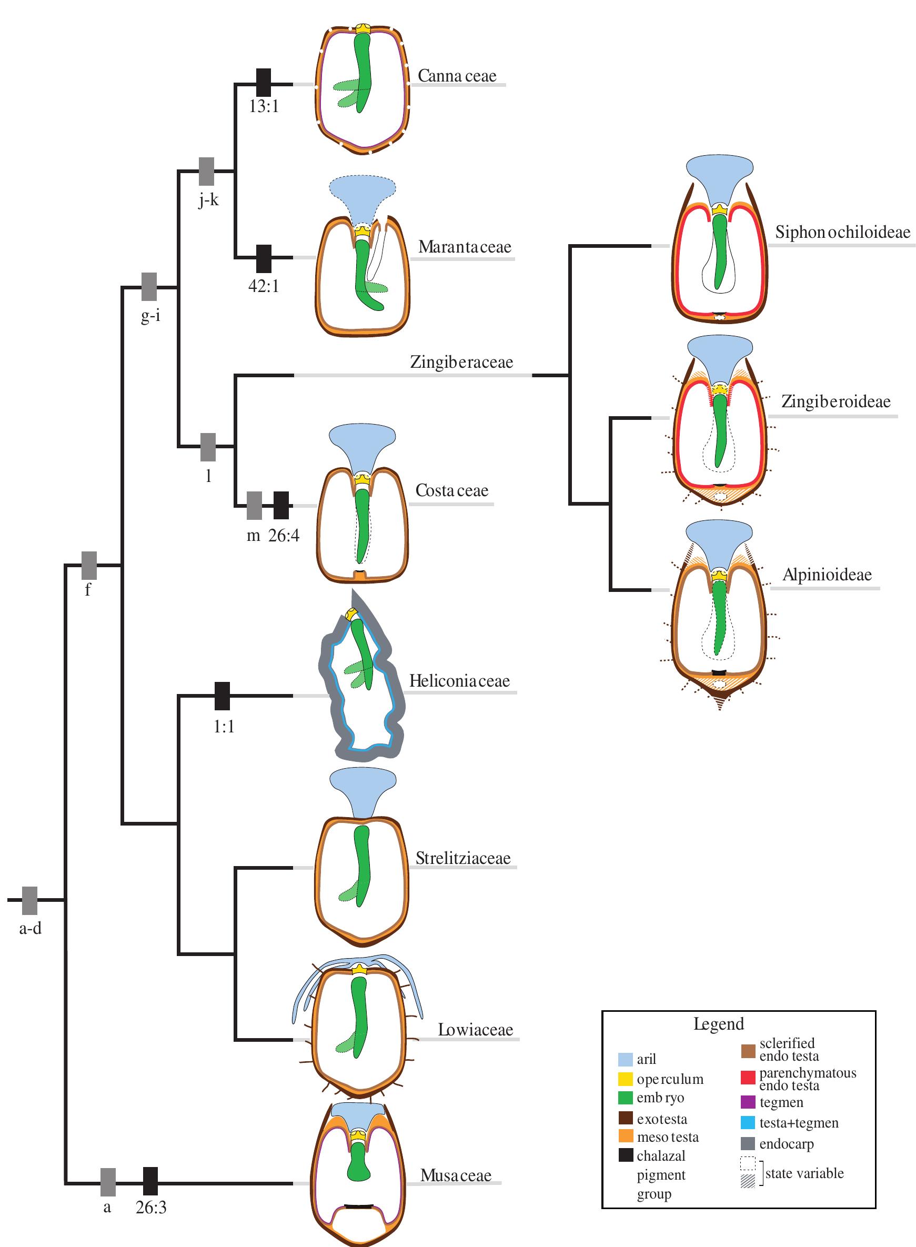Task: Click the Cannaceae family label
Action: [x=457, y=76]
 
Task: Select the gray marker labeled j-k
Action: [x=207, y=172]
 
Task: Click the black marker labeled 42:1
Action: [x=264, y=258]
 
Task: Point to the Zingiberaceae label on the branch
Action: [x=461, y=363]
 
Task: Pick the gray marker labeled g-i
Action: [x=149, y=287]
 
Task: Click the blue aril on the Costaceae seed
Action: [x=363, y=444]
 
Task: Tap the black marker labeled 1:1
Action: [x=223, y=696]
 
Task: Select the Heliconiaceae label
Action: [x=459, y=681]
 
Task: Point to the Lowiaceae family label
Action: [x=475, y=1030]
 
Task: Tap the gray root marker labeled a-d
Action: [x=30, y=900]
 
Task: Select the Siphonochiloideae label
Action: [x=842, y=233]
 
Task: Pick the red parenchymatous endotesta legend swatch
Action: [x=748, y=1078]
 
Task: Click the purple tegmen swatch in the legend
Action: [x=748, y=1102]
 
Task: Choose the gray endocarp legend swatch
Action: [x=748, y=1144]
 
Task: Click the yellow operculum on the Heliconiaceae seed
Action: [x=351, y=615]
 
